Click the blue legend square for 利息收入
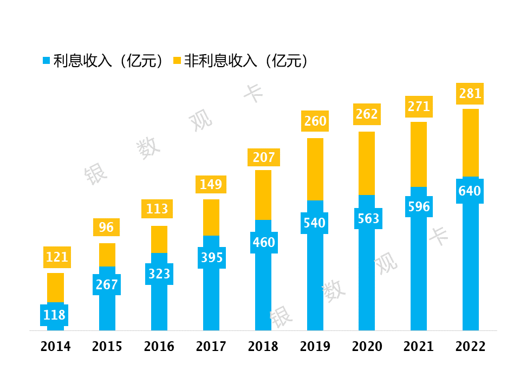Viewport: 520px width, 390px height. (47, 61)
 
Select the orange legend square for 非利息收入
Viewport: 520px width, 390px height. (177, 61)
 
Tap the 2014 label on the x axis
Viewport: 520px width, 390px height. (55, 347)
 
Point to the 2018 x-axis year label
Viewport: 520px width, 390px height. (263, 347)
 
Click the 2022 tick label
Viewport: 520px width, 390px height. (470, 347)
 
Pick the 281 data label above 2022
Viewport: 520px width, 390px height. (470, 94)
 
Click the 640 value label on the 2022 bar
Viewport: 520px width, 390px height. (470, 191)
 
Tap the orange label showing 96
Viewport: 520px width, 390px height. (106, 227)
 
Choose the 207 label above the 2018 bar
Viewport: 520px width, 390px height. (264, 157)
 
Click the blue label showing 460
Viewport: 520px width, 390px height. (264, 243)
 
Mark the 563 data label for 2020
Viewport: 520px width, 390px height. (368, 218)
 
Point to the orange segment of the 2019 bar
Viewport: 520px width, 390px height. (315, 169)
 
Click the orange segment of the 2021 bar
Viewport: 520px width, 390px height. (419, 154)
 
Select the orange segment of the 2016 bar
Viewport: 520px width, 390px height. (159, 239)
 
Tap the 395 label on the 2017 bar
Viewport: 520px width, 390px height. (212, 258)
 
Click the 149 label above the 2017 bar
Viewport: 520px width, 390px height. (211, 184)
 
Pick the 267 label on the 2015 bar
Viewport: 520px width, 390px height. (107, 284)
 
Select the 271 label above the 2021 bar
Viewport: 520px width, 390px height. (419, 107)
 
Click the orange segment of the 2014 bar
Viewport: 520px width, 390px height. (55, 288)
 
